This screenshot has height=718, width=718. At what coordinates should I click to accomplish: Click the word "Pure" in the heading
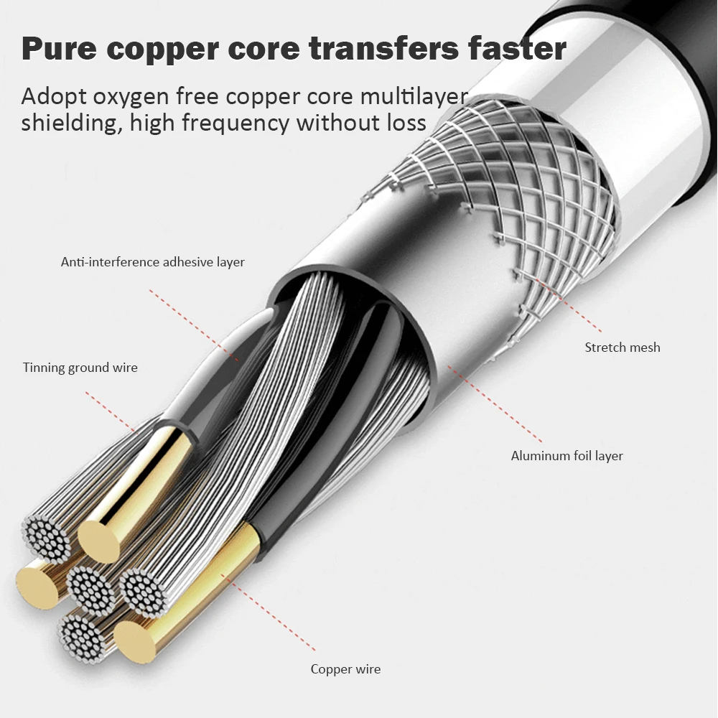[x=59, y=48]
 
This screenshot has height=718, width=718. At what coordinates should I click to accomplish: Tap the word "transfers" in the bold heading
[x=383, y=47]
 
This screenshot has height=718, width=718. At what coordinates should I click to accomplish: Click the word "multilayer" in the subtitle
[x=414, y=96]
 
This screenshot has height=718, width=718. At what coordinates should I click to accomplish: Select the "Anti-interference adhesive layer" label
[x=153, y=262]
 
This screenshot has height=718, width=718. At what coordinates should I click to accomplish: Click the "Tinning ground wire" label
[x=80, y=368]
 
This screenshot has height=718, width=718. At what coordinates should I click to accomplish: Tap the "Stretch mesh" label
[x=623, y=347]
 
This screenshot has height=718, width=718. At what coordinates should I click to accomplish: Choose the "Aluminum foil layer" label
[x=567, y=456]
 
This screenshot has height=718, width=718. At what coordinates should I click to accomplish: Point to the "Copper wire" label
[x=346, y=669]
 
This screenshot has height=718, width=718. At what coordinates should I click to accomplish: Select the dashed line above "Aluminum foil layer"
[x=495, y=404]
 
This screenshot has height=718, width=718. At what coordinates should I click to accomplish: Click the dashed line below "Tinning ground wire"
[x=111, y=412]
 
